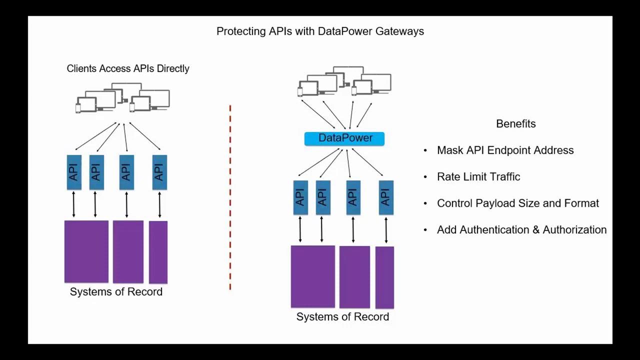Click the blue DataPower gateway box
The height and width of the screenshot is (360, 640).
pyautogui.click(x=344, y=138)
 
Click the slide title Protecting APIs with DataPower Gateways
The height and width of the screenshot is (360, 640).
pyautogui.click(x=320, y=31)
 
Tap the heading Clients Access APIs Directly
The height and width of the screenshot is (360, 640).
pyautogui.click(x=128, y=69)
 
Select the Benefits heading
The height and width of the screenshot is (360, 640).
pyautogui.click(x=515, y=124)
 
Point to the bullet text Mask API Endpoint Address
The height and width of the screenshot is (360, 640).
pyautogui.click(x=505, y=150)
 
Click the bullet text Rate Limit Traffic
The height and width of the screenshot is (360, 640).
pyautogui.click(x=478, y=177)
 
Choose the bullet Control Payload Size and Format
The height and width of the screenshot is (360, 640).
pyautogui.click(x=517, y=203)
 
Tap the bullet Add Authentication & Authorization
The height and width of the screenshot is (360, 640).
pyautogui.click(x=521, y=230)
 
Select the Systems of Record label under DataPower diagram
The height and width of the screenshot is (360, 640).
pyautogui.click(x=342, y=317)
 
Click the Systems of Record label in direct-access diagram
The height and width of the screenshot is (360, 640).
pyautogui.click(x=116, y=292)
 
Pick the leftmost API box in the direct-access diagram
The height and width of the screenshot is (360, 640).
pyautogui.click(x=74, y=172)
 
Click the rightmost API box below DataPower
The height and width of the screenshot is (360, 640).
pyautogui.click(x=386, y=197)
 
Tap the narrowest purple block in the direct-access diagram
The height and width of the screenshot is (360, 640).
pyautogui.click(x=158, y=252)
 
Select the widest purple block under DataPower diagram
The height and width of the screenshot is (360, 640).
pyautogui.click(x=313, y=276)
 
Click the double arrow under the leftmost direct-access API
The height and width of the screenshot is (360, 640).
pyautogui.click(x=74, y=204)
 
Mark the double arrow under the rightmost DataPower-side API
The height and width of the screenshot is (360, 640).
pyautogui.click(x=386, y=230)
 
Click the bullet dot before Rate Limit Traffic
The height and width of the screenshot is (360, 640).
pyautogui.click(x=425, y=177)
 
